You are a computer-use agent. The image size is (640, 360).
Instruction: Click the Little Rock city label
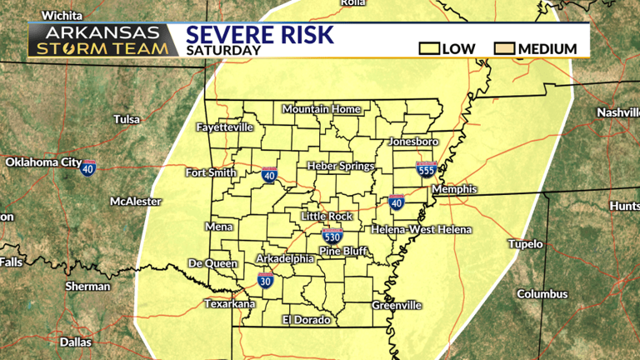(x=327, y=216)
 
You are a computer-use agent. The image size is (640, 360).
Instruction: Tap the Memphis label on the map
(x=455, y=189)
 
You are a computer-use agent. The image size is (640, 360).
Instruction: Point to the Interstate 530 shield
(x=332, y=236)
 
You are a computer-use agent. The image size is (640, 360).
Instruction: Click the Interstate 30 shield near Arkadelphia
(x=265, y=280)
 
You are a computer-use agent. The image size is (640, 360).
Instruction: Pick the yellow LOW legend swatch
(x=430, y=48)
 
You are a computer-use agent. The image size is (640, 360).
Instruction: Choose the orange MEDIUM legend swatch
(x=505, y=48)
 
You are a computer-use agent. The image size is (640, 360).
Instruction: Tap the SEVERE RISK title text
(x=259, y=35)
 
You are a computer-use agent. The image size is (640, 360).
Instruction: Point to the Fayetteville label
(x=224, y=127)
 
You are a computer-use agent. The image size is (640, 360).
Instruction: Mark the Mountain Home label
(x=321, y=109)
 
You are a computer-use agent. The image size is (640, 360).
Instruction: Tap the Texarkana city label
(x=231, y=304)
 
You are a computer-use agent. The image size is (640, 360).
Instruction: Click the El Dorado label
(x=306, y=320)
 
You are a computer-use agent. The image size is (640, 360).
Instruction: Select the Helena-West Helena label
(x=421, y=229)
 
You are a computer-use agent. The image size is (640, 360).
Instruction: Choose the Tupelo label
(x=526, y=244)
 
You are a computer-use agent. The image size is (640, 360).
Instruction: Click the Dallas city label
(x=76, y=342)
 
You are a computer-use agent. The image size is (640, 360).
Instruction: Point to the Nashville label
(x=617, y=112)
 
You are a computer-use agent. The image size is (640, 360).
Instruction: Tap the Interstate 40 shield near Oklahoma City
(x=88, y=167)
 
